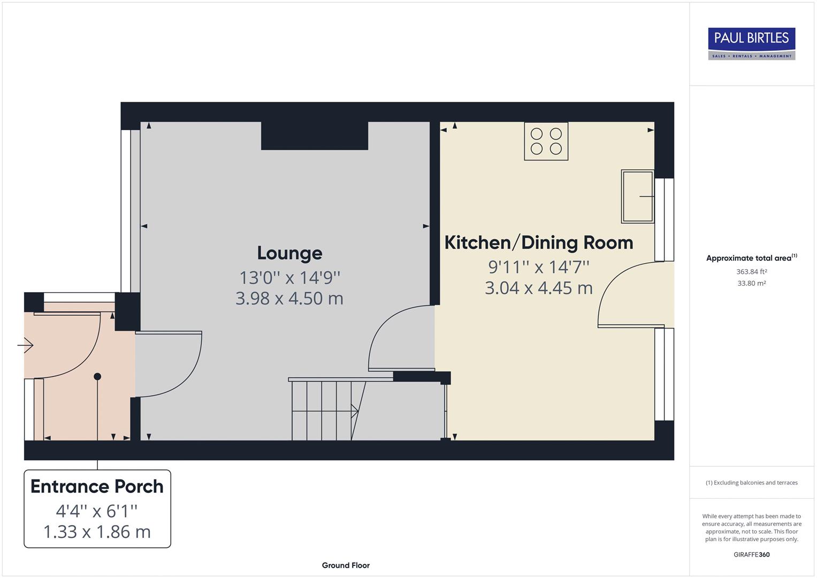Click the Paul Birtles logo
[x=751, y=43]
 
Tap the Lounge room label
[x=289, y=253]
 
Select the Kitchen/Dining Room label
[x=539, y=242]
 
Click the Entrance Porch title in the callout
[x=97, y=486]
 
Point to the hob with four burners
[x=546, y=141]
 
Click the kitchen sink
[x=637, y=196]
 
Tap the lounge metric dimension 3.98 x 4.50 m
[x=289, y=298]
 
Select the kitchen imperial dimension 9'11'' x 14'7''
[x=539, y=267]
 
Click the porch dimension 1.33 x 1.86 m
[x=97, y=532]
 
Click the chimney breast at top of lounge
[x=315, y=136]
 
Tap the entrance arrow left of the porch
[x=25, y=346]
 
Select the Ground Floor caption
[x=346, y=565]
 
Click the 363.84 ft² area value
[x=752, y=271]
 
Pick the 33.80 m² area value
[x=752, y=283]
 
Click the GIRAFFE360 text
[x=752, y=554]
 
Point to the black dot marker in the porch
[x=97, y=377]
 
